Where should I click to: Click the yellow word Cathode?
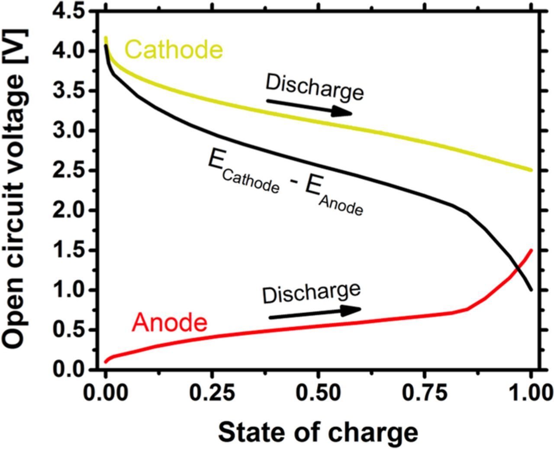[x=174, y=49]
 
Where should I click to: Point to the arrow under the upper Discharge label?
[x=309, y=107]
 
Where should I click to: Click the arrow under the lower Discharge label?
[x=315, y=313]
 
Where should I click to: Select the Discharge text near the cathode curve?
[x=315, y=87]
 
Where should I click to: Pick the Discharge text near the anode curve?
[x=311, y=293]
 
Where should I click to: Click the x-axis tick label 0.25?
[x=212, y=393]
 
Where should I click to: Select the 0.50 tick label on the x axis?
[x=318, y=393]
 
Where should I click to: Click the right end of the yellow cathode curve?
[x=530, y=170]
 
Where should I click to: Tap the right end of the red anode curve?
[x=531, y=250]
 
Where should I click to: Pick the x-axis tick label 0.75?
[x=425, y=393]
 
